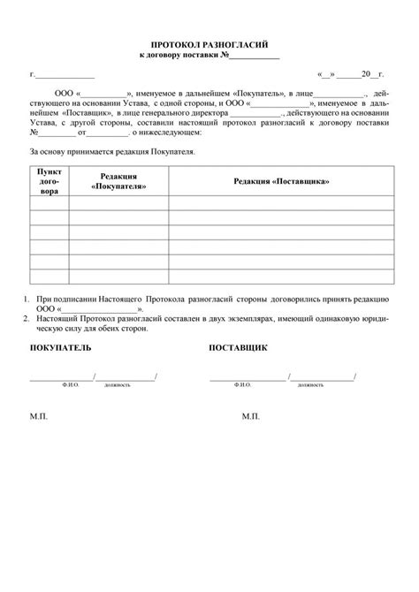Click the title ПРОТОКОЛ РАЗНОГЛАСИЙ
point(209,43)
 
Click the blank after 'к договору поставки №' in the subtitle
point(255,56)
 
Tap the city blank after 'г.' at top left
point(65,77)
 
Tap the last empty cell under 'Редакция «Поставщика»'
point(280,278)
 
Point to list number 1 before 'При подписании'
point(27,300)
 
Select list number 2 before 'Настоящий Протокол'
point(27,318)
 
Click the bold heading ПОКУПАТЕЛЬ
point(60,348)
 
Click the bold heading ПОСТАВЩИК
point(238,348)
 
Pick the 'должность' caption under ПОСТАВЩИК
point(310,385)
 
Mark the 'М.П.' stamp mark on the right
point(251,414)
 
